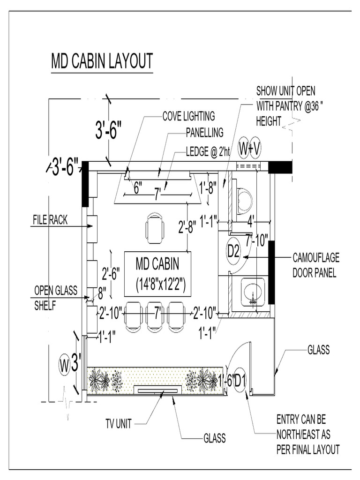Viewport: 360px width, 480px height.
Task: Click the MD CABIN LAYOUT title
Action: [x=102, y=61]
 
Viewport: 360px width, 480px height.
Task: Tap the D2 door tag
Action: [x=233, y=252]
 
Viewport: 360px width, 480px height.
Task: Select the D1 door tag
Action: [x=240, y=379]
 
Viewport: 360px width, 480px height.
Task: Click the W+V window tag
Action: [x=249, y=148]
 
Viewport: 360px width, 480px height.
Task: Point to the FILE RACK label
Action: [x=50, y=219]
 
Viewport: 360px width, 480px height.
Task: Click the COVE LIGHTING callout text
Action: [x=188, y=116]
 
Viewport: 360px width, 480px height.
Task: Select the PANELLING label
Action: [x=204, y=133]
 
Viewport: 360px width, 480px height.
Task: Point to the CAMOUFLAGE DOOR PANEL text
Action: [x=315, y=265]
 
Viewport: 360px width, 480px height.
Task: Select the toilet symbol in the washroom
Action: [x=245, y=200]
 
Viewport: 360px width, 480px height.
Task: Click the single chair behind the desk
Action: [x=155, y=228]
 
